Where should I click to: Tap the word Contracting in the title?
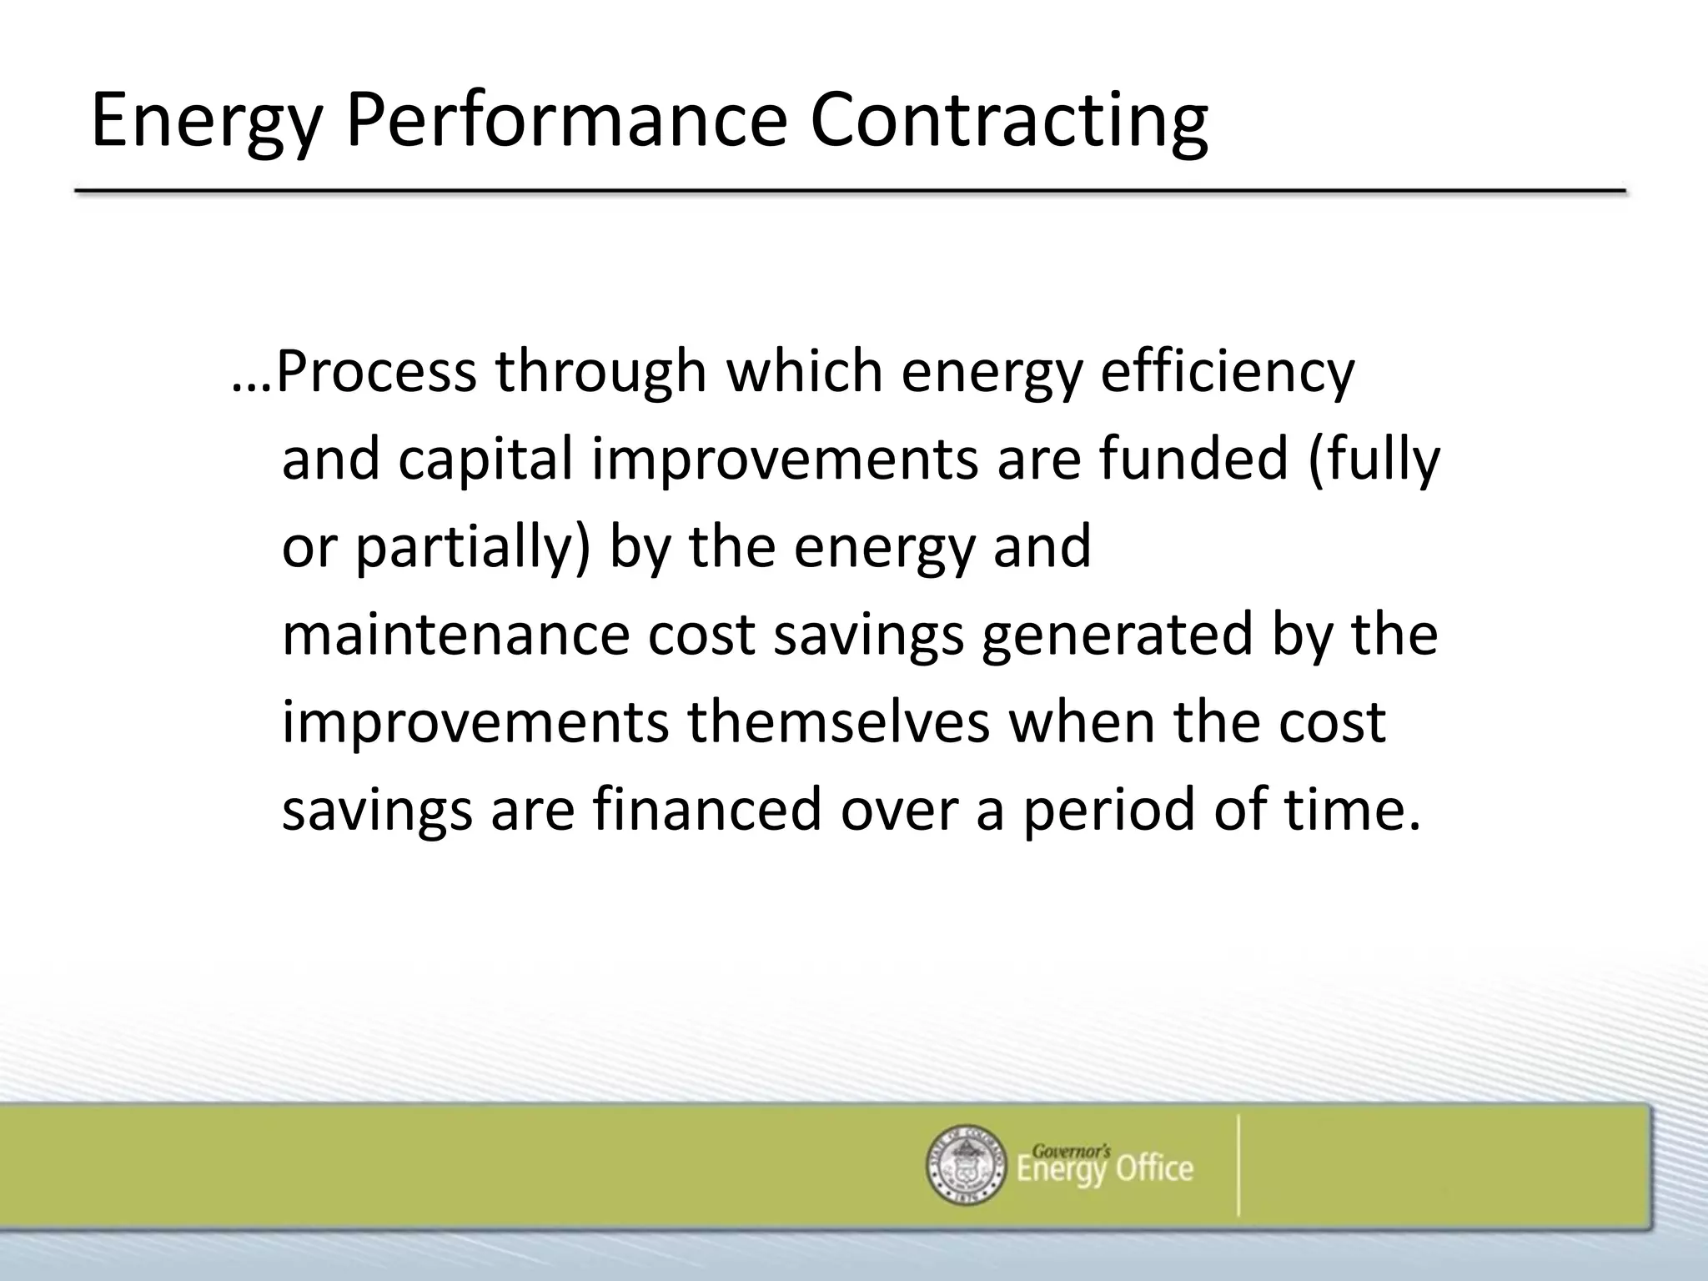[x=1008, y=121]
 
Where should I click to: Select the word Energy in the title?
[x=206, y=121]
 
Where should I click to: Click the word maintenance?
[x=455, y=635]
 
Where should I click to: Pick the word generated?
[x=1117, y=635]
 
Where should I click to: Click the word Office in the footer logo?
[x=1154, y=1170]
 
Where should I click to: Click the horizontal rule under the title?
[x=851, y=192]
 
